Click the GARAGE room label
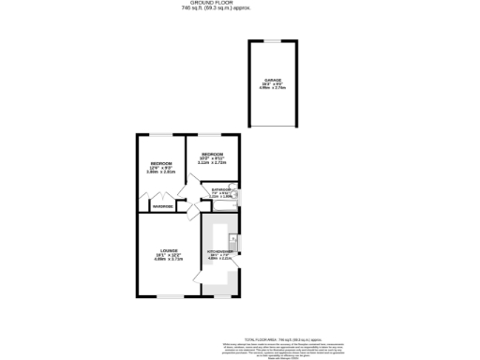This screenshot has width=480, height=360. [x=272, y=80]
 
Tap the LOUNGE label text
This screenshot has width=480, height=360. [x=169, y=250]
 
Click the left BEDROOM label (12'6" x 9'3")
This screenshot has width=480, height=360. [x=160, y=164]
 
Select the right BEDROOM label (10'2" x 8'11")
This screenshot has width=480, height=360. [x=212, y=154]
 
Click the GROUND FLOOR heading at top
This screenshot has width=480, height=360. [x=239, y=4]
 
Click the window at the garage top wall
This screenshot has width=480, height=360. [x=272, y=41]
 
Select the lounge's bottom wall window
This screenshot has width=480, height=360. [x=170, y=297]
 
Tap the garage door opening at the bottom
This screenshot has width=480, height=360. [x=272, y=127]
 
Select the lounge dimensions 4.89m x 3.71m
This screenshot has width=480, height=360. [x=169, y=260]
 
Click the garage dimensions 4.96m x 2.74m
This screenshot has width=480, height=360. [x=272, y=89]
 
